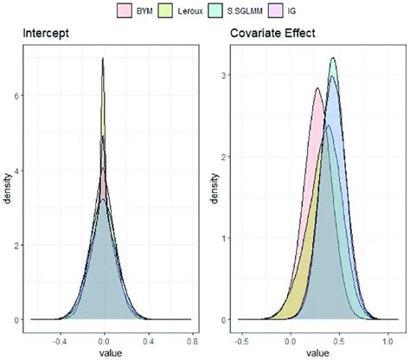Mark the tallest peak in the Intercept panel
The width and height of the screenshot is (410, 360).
tap(104, 59)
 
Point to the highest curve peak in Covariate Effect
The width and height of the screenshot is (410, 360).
tap(333, 59)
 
